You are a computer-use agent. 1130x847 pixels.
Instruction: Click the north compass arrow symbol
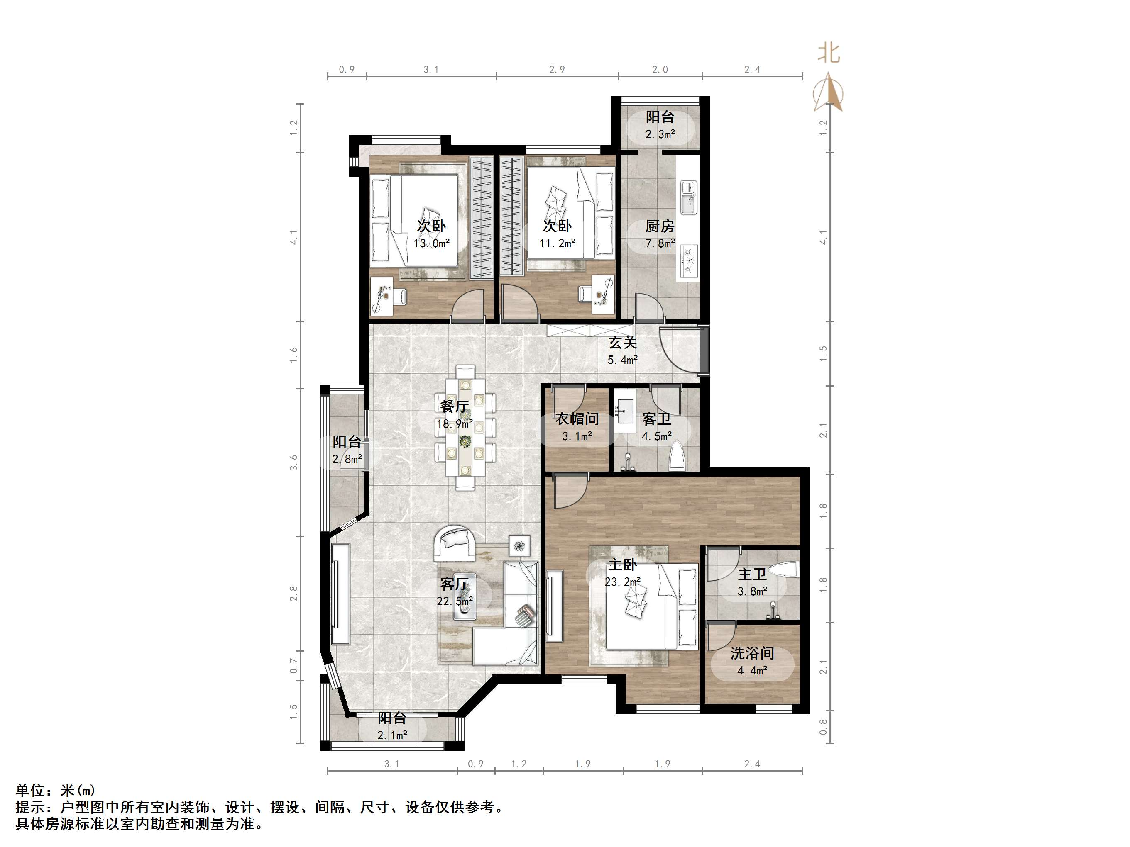[828, 92]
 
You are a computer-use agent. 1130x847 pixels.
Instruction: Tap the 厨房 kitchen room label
[660, 226]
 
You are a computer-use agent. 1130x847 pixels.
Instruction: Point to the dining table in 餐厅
[465, 427]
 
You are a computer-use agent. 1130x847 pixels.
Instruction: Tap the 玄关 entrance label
[623, 343]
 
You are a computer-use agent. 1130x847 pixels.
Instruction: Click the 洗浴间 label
[752, 653]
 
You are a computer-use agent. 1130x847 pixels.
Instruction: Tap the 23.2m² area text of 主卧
[623, 582]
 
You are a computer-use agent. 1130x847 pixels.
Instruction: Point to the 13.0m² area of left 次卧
[432, 243]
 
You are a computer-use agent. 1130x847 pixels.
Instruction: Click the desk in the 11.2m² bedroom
[603, 295]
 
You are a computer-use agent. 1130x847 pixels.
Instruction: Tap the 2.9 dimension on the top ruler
[557, 69]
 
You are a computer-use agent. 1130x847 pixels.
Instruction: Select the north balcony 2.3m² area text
[660, 134]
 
